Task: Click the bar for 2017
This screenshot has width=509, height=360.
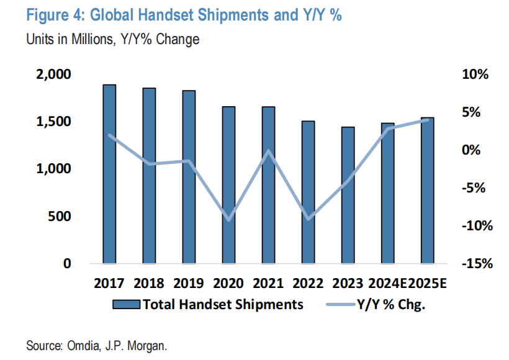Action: click(109, 174)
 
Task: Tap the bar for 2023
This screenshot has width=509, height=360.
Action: click(348, 195)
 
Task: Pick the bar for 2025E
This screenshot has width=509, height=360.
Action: click(428, 190)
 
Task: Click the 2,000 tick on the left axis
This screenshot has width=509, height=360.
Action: click(54, 74)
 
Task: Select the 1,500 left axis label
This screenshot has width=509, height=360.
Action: click(54, 122)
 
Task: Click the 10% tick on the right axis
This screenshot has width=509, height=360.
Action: click(475, 74)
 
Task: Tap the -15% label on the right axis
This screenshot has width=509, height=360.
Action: click(475, 264)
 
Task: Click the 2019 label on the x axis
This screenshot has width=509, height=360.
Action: click(188, 284)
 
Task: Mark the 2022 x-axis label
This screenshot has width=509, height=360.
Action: click(308, 284)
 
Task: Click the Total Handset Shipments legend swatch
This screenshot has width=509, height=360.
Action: click(127, 304)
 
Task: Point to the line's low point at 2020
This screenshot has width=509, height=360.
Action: click(228, 220)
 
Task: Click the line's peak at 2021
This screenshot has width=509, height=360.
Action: click(269, 150)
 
